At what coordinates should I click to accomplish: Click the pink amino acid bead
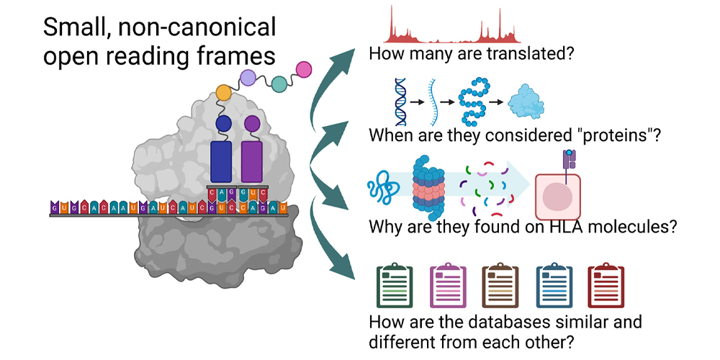(304, 69)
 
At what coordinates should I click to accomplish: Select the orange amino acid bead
(224, 93)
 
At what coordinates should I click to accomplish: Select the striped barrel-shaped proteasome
(430, 189)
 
